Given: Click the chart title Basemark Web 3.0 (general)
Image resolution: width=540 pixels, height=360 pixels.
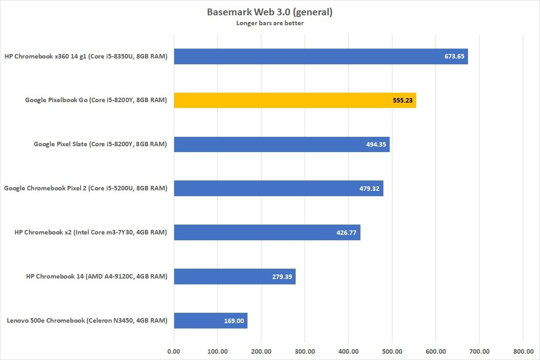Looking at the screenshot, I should (x=270, y=12).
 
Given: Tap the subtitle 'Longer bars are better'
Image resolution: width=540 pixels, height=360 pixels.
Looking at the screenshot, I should (x=270, y=23).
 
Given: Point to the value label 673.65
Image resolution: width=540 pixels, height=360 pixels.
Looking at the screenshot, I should (x=454, y=57).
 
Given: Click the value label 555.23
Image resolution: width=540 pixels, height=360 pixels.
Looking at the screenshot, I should (x=402, y=101).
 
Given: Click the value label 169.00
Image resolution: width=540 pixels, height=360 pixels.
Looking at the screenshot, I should (x=234, y=321).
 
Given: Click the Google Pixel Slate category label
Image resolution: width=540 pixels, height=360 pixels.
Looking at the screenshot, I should (x=100, y=144).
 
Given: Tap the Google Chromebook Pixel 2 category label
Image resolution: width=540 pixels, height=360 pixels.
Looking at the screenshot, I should (x=85, y=189).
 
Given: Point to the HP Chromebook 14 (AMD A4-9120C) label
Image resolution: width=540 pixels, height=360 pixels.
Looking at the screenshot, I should (x=97, y=277).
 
